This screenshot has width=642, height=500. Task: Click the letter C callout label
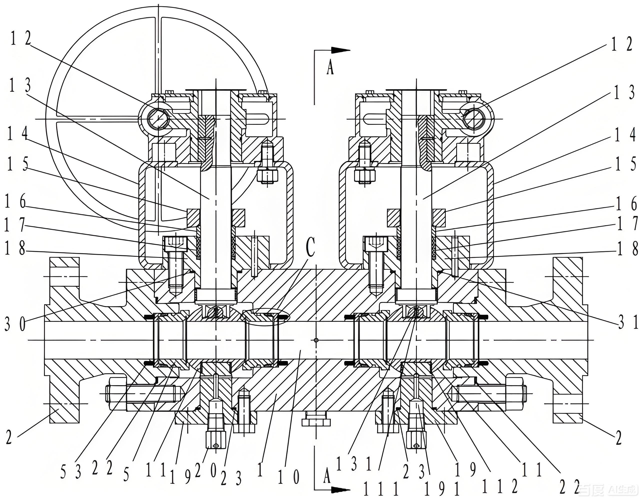coord(310,247)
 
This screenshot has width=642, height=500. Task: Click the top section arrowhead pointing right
coord(341,50)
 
